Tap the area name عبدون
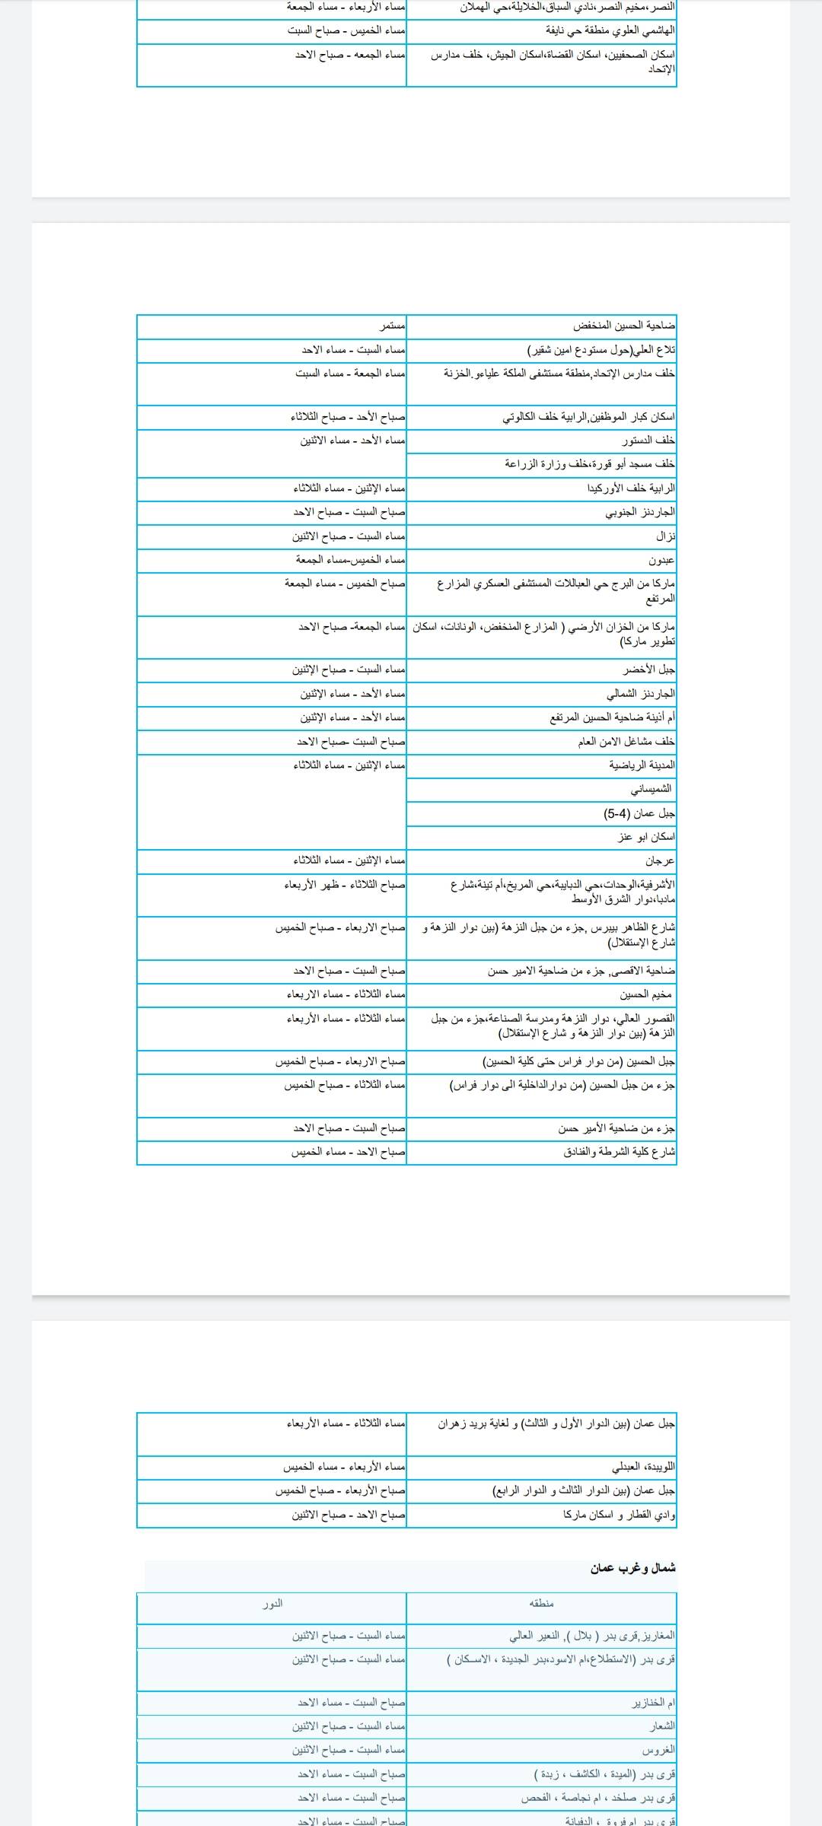click(x=662, y=561)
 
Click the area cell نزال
click(x=666, y=536)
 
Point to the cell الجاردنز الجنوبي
click(x=640, y=512)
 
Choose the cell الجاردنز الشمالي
click(x=640, y=694)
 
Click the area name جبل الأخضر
click(x=649, y=670)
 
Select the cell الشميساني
click(x=651, y=789)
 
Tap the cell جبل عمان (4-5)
click(x=639, y=813)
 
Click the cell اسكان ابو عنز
click(x=646, y=837)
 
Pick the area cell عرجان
click(x=660, y=861)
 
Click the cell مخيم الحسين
click(x=646, y=994)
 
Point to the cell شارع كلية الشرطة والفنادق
click(x=620, y=1152)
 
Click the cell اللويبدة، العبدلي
click(x=643, y=1466)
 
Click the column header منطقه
click(x=541, y=1603)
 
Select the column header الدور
click(x=272, y=1603)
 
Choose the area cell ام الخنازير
click(x=654, y=1703)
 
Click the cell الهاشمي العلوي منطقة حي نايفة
click(x=610, y=31)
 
